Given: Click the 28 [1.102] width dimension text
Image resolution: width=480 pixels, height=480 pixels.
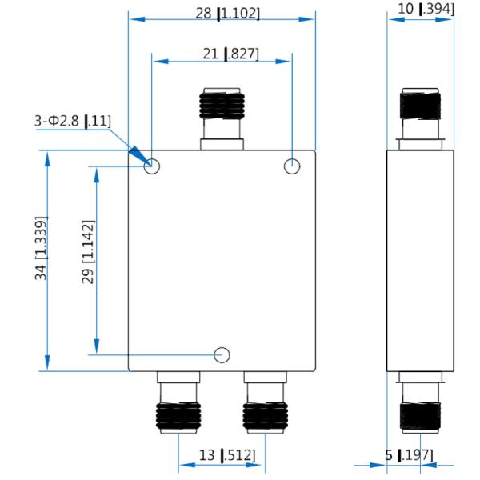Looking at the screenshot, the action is (227, 14).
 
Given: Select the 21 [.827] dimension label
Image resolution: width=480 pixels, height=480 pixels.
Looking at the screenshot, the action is (230, 54).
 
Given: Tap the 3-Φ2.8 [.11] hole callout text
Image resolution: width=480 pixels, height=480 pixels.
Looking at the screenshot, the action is (73, 122).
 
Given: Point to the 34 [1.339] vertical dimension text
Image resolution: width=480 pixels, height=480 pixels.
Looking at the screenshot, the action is (41, 248).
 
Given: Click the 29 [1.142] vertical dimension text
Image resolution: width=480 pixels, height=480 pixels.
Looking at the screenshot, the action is (88, 252).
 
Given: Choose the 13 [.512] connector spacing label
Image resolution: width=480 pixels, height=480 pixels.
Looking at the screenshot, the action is (227, 455).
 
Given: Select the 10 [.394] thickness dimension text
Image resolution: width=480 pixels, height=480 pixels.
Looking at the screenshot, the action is (426, 9).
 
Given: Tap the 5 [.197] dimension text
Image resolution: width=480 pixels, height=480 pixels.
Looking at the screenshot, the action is (409, 455).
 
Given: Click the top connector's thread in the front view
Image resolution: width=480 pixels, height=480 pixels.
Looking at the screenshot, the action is (222, 106).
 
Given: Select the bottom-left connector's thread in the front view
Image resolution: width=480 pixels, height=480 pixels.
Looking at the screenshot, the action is (178, 416).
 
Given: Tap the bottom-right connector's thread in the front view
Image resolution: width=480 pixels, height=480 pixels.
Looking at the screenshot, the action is (266, 416).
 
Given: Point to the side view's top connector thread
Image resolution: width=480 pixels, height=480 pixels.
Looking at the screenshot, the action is (420, 106).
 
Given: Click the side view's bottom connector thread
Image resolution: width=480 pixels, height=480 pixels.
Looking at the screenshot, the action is (420, 416).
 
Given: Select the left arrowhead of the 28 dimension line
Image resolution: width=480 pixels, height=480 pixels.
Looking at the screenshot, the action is (137, 19).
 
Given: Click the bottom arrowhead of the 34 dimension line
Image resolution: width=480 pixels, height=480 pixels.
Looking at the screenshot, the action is (47, 362).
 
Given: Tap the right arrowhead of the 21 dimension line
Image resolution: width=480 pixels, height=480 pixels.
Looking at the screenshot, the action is (283, 62).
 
